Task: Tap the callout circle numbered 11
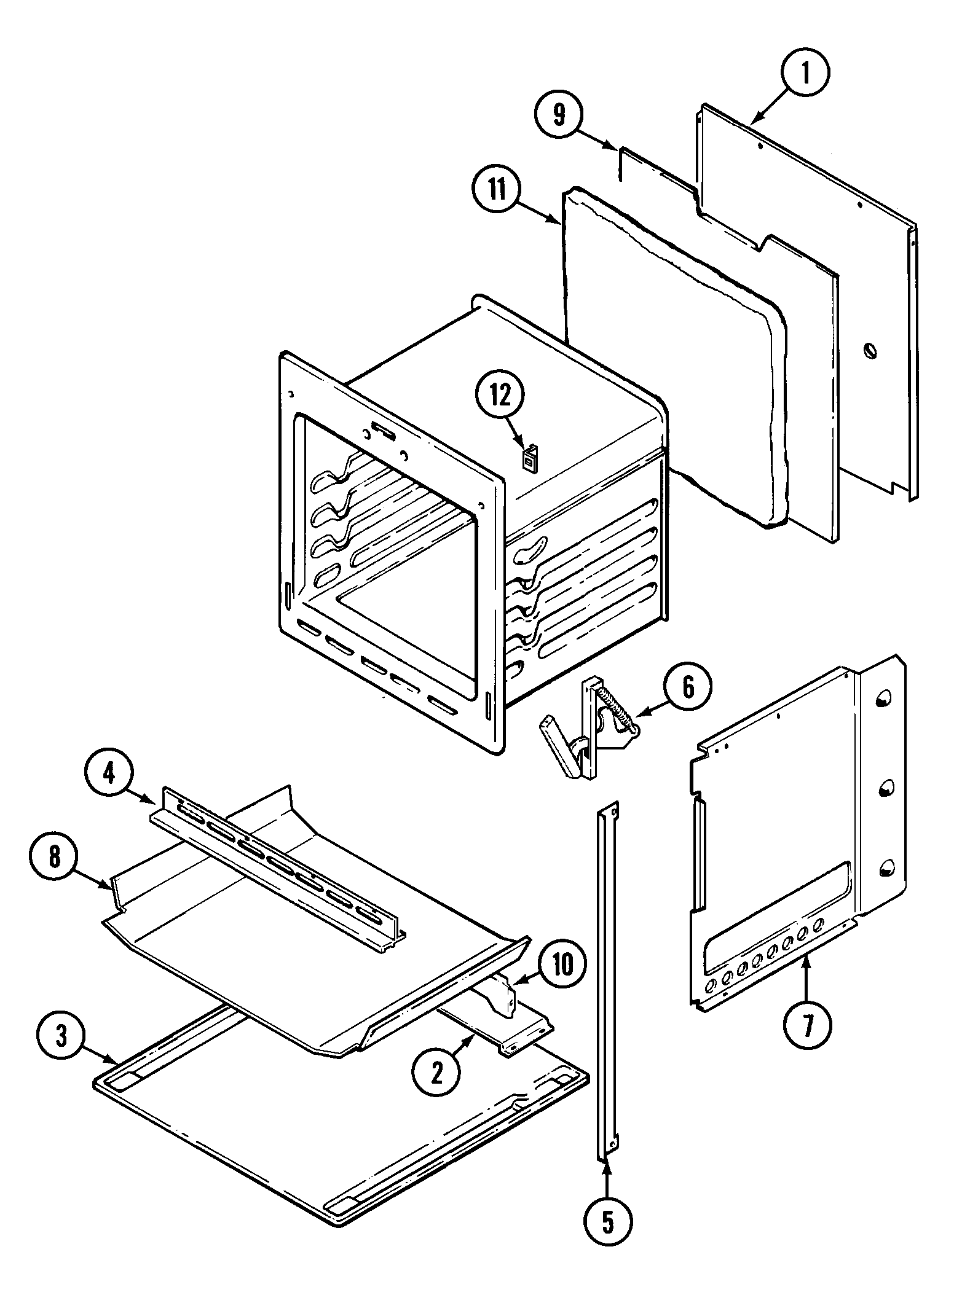(497, 189)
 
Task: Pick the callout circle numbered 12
(500, 396)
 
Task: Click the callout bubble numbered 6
(688, 687)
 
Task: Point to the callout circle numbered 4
(109, 774)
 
